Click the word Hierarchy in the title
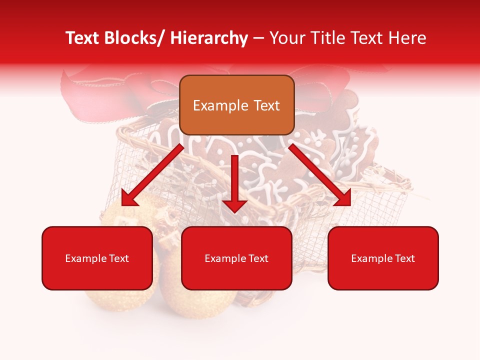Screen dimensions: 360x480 point(209,38)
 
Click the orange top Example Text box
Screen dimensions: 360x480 point(236,105)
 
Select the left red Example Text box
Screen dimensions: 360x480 point(97,258)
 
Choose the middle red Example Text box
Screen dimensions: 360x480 point(236,258)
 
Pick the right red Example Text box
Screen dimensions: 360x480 point(383,258)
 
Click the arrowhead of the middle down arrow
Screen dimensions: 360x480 point(235,205)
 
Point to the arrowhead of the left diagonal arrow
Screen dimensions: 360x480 point(129,198)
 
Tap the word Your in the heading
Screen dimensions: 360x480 point(286,38)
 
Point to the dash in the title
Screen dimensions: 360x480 point(258,38)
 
